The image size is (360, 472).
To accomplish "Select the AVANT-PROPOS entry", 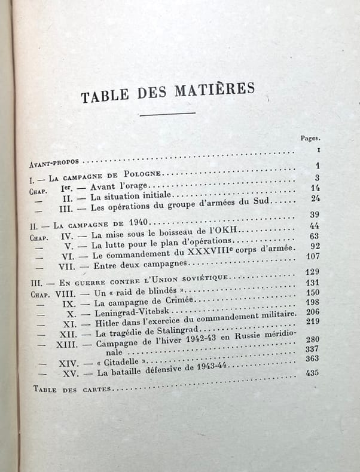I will click(x=56, y=161).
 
